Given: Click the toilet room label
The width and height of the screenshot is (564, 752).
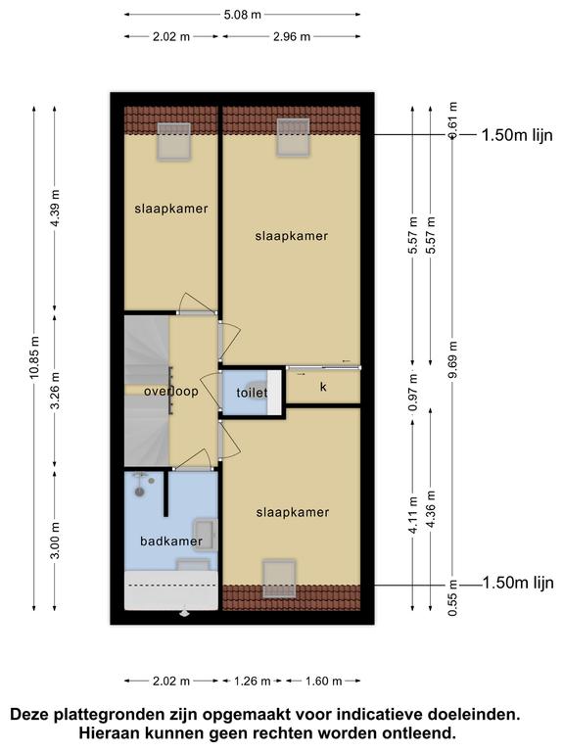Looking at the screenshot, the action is (252, 393).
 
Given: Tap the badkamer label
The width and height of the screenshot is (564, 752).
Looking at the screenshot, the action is (171, 541).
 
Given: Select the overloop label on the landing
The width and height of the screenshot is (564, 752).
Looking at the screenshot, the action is (171, 392).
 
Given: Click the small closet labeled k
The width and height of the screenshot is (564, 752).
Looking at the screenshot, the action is (323, 387).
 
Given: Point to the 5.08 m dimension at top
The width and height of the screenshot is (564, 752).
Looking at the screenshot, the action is (243, 15).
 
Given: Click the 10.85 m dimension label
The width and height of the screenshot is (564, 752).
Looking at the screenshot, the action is (34, 357).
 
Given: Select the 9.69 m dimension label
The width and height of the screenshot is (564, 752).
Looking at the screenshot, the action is (452, 359).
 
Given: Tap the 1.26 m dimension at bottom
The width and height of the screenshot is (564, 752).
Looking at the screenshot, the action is (253, 681).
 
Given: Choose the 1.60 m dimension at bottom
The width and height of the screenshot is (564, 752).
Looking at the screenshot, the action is (324, 681).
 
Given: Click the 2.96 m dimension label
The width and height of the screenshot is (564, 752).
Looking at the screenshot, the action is (292, 36).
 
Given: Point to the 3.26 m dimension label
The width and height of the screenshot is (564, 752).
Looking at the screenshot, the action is (55, 391).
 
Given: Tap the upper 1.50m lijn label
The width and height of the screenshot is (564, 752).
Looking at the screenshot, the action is (517, 135).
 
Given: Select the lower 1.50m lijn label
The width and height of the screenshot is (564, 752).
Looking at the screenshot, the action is (518, 583).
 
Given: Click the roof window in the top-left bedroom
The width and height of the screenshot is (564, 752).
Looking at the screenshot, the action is (174, 141).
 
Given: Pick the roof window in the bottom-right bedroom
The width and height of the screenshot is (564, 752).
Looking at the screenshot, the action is (279, 579).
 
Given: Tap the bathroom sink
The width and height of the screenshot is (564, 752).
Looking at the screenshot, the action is (206, 536).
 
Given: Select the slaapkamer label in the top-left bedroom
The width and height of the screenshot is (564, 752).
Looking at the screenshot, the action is (171, 209).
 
